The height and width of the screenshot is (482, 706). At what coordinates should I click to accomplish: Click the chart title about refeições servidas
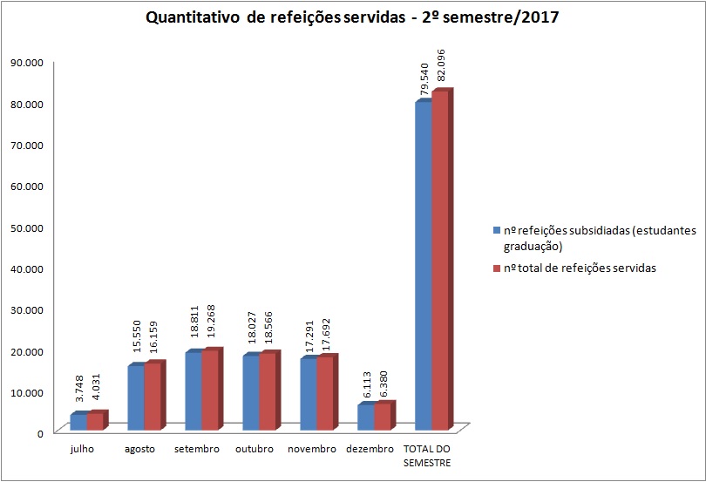(353, 17)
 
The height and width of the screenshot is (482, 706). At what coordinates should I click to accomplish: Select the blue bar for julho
(78, 422)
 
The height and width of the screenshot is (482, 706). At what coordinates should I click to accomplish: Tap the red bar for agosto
(153, 397)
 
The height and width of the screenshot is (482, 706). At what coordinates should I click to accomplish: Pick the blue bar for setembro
(193, 390)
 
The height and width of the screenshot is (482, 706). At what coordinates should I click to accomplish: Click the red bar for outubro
(268, 392)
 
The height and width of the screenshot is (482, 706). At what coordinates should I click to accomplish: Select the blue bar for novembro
(308, 394)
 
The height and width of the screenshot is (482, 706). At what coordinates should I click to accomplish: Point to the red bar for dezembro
(383, 417)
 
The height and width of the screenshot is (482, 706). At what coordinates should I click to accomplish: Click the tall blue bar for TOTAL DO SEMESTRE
(423, 266)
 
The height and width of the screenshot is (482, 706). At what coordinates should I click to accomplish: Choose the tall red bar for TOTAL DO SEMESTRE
(440, 261)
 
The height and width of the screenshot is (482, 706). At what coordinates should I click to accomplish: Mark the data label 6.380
(382, 382)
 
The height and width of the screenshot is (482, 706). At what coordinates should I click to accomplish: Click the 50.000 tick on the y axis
(27, 227)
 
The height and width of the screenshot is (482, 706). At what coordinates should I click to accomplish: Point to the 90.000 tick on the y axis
(27, 62)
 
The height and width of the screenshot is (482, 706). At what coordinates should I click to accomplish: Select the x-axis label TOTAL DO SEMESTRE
(427, 456)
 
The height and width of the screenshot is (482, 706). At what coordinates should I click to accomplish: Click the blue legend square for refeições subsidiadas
(496, 231)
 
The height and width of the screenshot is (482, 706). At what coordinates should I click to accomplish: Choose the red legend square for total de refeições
(496, 268)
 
